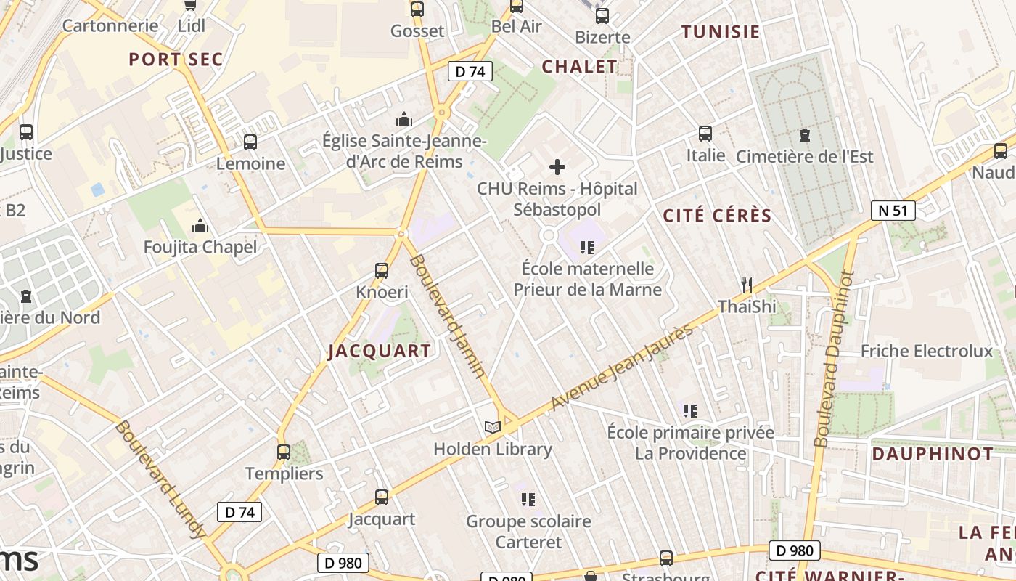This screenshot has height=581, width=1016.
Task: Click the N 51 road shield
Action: tap(893, 211)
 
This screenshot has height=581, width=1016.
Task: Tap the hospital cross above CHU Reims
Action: tap(557, 167)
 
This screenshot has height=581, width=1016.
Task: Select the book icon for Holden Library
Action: tap(493, 427)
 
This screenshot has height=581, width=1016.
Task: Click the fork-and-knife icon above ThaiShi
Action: tap(747, 285)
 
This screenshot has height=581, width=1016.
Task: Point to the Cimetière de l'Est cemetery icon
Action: tap(804, 134)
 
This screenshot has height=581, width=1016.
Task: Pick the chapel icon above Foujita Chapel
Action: tap(200, 226)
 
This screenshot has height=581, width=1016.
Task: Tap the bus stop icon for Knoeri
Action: tap(382, 271)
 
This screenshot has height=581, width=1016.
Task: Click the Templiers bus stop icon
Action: tap(284, 452)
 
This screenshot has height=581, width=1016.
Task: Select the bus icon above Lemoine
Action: tap(250, 142)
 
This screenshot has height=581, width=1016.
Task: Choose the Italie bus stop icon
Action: tap(705, 133)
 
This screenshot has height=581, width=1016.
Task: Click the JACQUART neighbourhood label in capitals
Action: tap(380, 352)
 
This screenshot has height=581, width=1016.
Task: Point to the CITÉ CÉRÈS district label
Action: tap(717, 216)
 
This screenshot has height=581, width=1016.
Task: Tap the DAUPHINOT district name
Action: tap(933, 454)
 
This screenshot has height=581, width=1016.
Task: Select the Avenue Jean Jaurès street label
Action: tap(622, 368)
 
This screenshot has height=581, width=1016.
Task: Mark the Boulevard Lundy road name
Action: tap(160, 479)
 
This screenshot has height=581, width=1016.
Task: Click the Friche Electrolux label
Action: tap(926, 352)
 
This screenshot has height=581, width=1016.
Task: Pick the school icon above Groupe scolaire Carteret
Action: tap(528, 499)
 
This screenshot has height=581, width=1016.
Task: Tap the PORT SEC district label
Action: tap(176, 60)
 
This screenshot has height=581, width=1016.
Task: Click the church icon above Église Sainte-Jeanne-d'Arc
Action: tap(404, 119)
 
